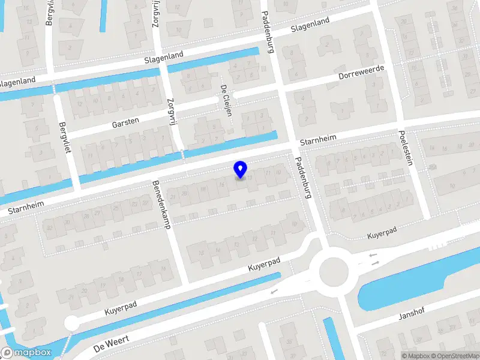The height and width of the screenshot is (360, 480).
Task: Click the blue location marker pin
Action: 240,170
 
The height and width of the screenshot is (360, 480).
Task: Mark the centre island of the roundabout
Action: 334,272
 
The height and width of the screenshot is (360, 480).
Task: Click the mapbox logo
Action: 26,353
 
